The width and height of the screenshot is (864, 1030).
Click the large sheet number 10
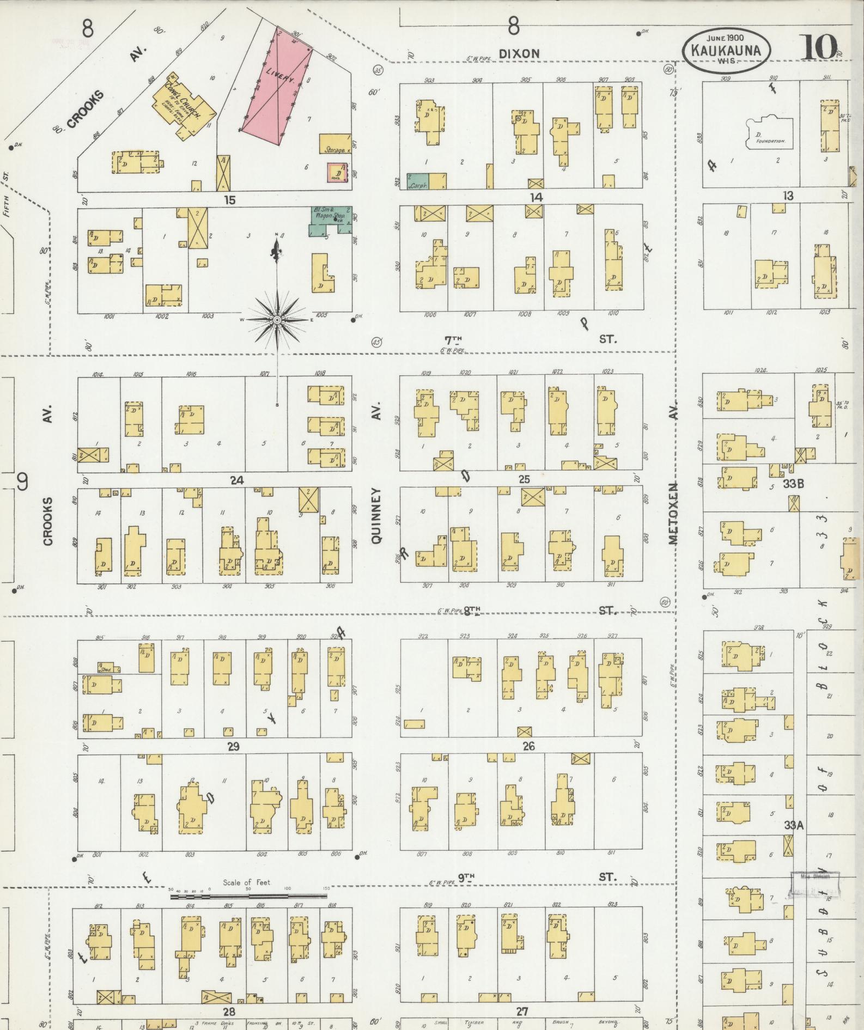pyautogui.click(x=819, y=47)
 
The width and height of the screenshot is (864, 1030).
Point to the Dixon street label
pyautogui.click(x=519, y=53)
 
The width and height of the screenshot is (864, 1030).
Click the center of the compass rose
pyautogui.click(x=277, y=320)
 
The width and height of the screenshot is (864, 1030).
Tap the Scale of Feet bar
pyautogui.click(x=248, y=895)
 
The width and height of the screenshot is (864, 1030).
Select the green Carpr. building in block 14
pyautogui.click(x=418, y=181)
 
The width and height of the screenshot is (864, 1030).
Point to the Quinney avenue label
pyautogui.click(x=376, y=515)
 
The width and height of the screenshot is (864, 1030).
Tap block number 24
pyautogui.click(x=236, y=480)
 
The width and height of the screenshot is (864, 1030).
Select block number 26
pyautogui.click(x=528, y=746)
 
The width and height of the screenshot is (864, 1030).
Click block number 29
pyautogui.click(x=233, y=746)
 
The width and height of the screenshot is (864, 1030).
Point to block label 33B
pyautogui.click(x=794, y=483)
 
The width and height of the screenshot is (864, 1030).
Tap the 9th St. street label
pyautogui.click(x=466, y=877)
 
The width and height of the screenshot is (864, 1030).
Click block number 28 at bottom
pyautogui.click(x=228, y=1011)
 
